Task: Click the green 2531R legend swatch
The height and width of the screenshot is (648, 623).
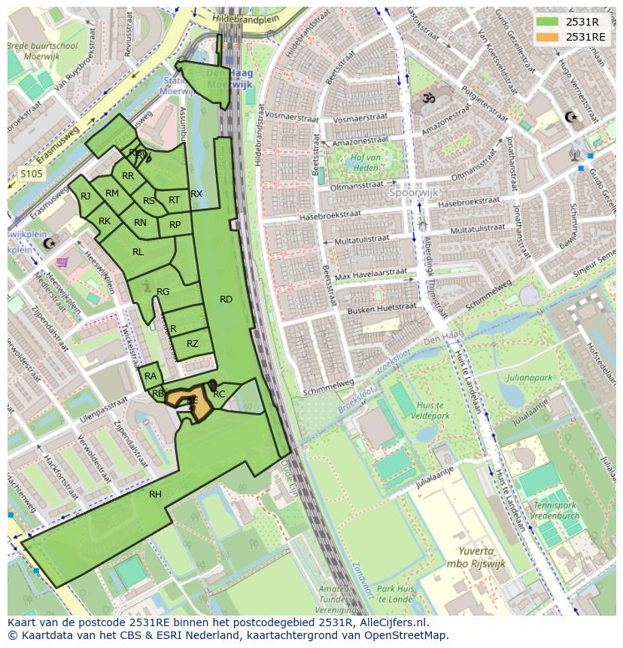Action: tap(548, 22)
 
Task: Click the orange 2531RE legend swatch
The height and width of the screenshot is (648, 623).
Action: tap(548, 37)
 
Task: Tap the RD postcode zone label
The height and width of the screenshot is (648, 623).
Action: tap(226, 300)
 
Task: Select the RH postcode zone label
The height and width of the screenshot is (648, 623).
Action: tap(155, 494)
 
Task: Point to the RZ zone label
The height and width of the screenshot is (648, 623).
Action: tap(193, 344)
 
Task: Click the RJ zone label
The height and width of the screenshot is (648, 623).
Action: tap(85, 196)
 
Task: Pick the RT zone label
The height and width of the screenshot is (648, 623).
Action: tap(174, 200)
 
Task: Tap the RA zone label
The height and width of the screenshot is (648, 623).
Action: tap(150, 376)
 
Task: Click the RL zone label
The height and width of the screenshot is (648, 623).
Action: tap(138, 252)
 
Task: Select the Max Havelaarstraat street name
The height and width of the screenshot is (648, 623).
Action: tap(370, 273)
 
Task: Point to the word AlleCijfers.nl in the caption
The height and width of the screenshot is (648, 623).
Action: tap(390, 623)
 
